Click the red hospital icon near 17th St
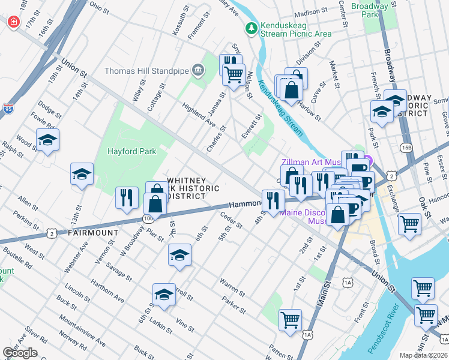13,22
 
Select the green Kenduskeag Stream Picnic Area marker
251,28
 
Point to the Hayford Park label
131,151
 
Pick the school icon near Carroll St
164,295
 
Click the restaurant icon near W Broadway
126,198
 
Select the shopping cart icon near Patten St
291,320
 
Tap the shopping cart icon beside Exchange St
409,224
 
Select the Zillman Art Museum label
312,162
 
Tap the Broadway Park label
370,10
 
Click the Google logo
20,352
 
